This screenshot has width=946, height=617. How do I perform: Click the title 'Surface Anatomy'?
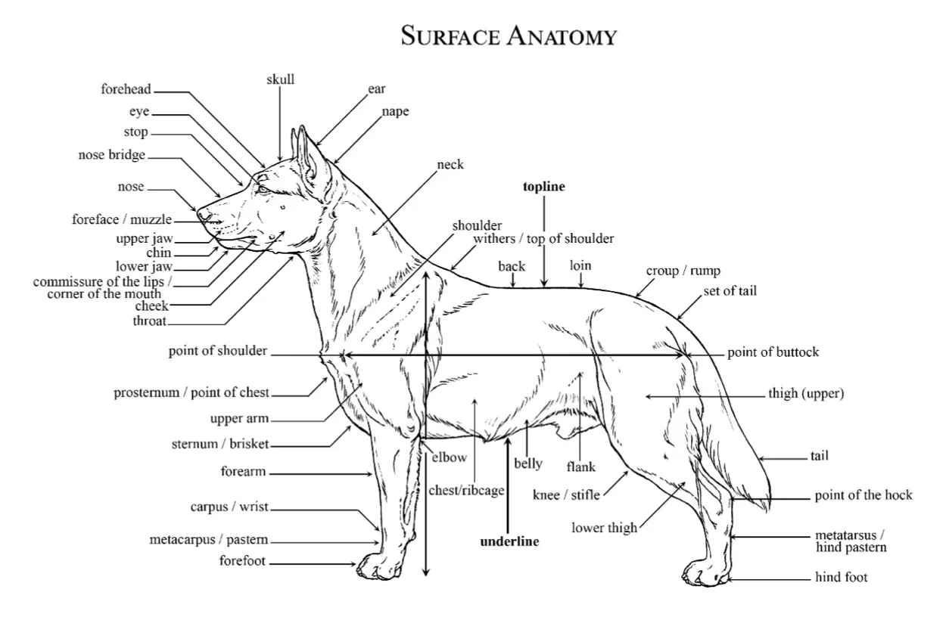(x=509, y=36)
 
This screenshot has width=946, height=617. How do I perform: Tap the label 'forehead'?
(x=126, y=89)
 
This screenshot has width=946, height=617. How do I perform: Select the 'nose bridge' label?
(x=111, y=155)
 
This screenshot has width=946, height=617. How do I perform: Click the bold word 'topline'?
(x=544, y=187)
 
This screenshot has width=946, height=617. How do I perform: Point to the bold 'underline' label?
(x=509, y=541)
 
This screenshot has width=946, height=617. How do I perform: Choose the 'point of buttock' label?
(x=773, y=352)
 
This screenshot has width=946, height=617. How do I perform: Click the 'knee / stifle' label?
(x=566, y=495)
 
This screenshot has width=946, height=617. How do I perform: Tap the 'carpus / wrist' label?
(x=229, y=507)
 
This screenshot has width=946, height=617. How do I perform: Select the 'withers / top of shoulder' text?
(x=543, y=238)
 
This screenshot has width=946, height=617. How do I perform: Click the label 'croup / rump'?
(x=683, y=271)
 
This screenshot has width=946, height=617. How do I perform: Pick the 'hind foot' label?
(x=842, y=577)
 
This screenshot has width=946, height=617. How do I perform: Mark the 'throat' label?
(x=150, y=321)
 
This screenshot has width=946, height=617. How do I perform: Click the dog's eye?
(x=263, y=188)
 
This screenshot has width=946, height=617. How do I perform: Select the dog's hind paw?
(x=705, y=573)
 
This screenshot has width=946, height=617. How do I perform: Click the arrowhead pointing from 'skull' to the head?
(x=279, y=158)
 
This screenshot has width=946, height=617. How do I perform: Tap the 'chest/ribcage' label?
(x=466, y=491)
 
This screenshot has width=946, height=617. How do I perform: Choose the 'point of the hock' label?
(x=864, y=495)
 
